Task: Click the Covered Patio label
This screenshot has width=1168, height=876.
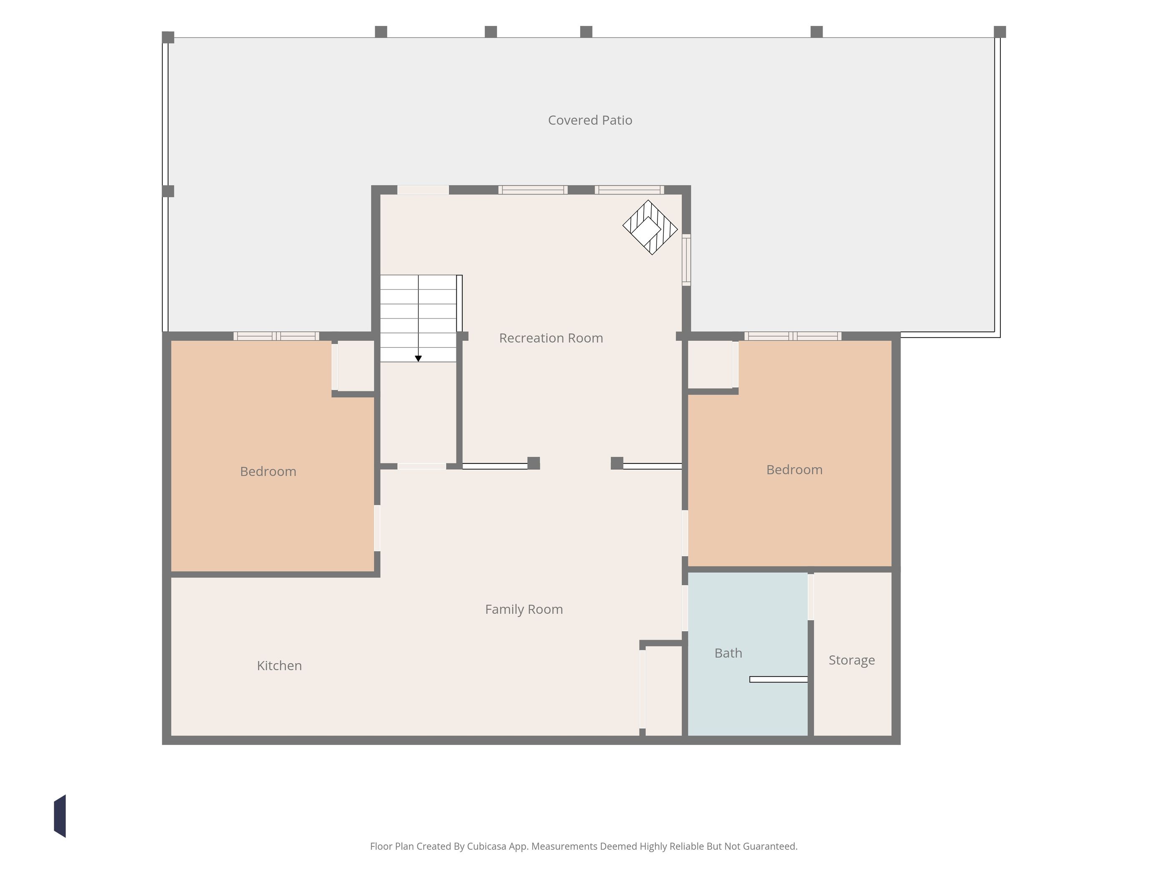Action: (590, 121)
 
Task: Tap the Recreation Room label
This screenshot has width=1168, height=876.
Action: (551, 338)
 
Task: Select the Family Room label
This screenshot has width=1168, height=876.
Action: (524, 609)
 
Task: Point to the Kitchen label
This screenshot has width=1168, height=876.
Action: (279, 665)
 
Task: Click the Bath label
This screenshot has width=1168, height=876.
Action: (728, 653)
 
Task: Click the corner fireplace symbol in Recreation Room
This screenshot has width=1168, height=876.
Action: (650, 227)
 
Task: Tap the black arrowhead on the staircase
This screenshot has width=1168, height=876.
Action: (418, 358)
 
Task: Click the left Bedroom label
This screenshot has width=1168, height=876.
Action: (268, 471)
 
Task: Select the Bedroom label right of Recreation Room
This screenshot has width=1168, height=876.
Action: (794, 470)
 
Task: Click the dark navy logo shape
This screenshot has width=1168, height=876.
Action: (60, 816)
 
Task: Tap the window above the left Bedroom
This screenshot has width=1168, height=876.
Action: (276, 336)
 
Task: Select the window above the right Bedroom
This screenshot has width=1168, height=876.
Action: (793, 336)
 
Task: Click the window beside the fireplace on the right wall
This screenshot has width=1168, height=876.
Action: (687, 260)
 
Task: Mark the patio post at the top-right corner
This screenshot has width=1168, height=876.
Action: (999, 32)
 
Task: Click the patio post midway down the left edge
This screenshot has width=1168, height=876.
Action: (168, 191)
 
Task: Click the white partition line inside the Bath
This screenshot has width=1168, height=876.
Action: (778, 680)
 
